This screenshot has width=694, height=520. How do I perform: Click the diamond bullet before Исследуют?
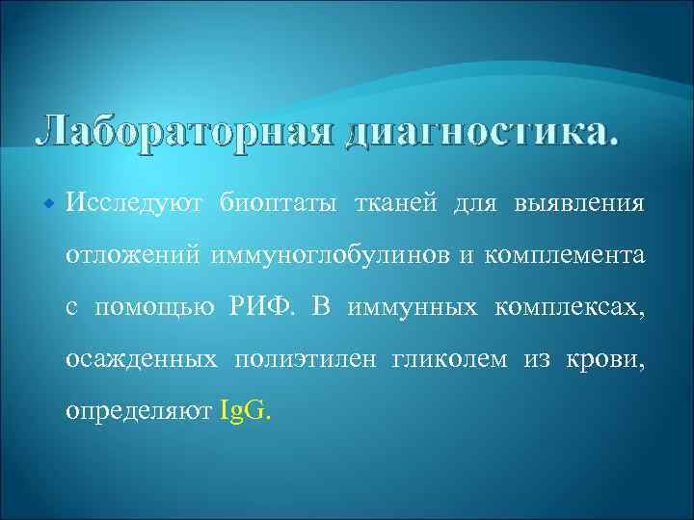tap(48, 205)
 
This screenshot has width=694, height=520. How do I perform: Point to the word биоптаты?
tap(280, 203)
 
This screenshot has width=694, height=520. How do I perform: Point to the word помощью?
tap(153, 308)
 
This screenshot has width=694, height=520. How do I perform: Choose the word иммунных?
tap(409, 307)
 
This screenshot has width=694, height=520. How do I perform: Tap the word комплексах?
tap(570, 307)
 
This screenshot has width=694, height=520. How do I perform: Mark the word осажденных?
tap(141, 359)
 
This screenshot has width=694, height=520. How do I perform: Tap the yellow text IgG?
tap(246, 411)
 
